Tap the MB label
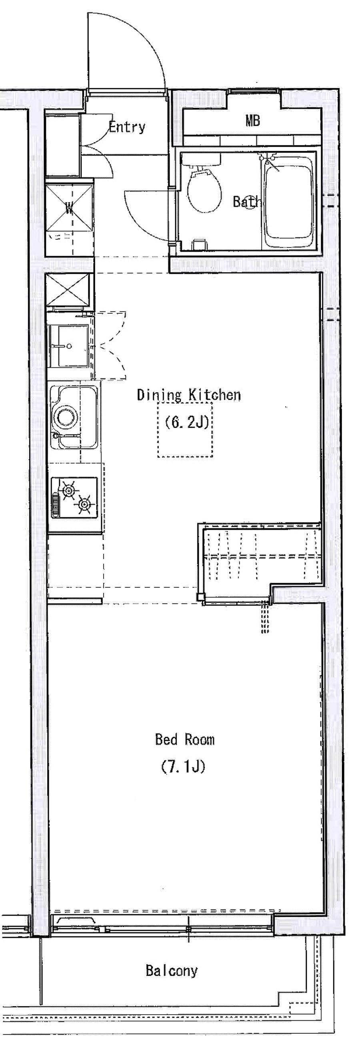click(x=252, y=121)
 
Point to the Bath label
click(x=246, y=201)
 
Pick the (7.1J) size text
click(x=183, y=767)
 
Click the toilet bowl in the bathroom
click(x=204, y=189)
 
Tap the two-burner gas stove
click(x=74, y=498)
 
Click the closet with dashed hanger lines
click(x=262, y=556)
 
